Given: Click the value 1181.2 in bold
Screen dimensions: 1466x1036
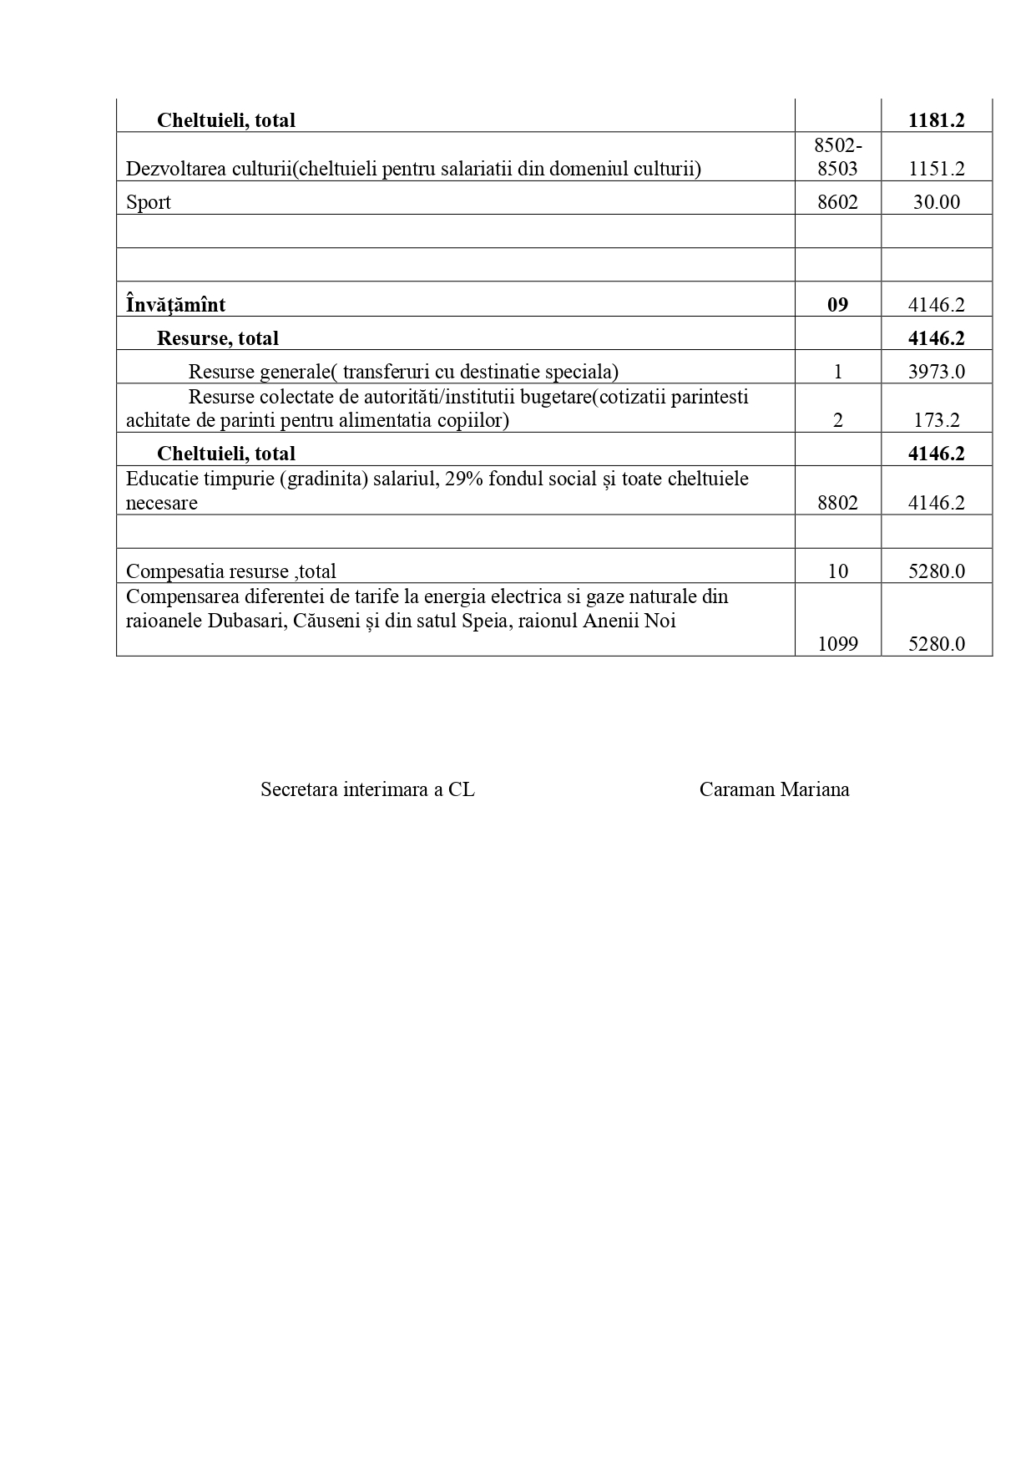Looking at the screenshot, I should coord(936,120).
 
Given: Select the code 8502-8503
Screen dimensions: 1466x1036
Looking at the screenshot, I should coord(837,157).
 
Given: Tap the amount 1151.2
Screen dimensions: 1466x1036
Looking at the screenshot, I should coord(936,169).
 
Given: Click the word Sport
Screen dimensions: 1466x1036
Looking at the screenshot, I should coord(149,202).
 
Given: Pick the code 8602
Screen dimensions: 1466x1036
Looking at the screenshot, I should coord(837,202).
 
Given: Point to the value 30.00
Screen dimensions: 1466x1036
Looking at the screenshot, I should coord(936,202).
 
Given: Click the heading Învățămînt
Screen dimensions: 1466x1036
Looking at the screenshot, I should coord(175,305).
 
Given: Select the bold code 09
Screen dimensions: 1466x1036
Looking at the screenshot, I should coord(837,305).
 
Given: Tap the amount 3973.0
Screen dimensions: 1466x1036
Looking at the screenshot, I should coord(936,372).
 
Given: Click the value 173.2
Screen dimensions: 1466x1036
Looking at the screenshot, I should coord(936,420).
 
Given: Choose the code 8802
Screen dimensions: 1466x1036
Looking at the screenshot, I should coord(837,503).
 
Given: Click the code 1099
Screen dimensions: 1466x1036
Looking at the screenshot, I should coord(837,644).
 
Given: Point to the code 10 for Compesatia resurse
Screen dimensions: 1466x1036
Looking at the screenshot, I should coord(837,571).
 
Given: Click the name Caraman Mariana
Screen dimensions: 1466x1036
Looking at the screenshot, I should coord(774,790).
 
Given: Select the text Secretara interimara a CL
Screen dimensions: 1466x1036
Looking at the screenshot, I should coord(367,790).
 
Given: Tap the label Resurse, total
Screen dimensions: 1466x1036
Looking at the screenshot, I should coord(218,338).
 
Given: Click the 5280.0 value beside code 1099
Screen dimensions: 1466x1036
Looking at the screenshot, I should coord(936,644).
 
